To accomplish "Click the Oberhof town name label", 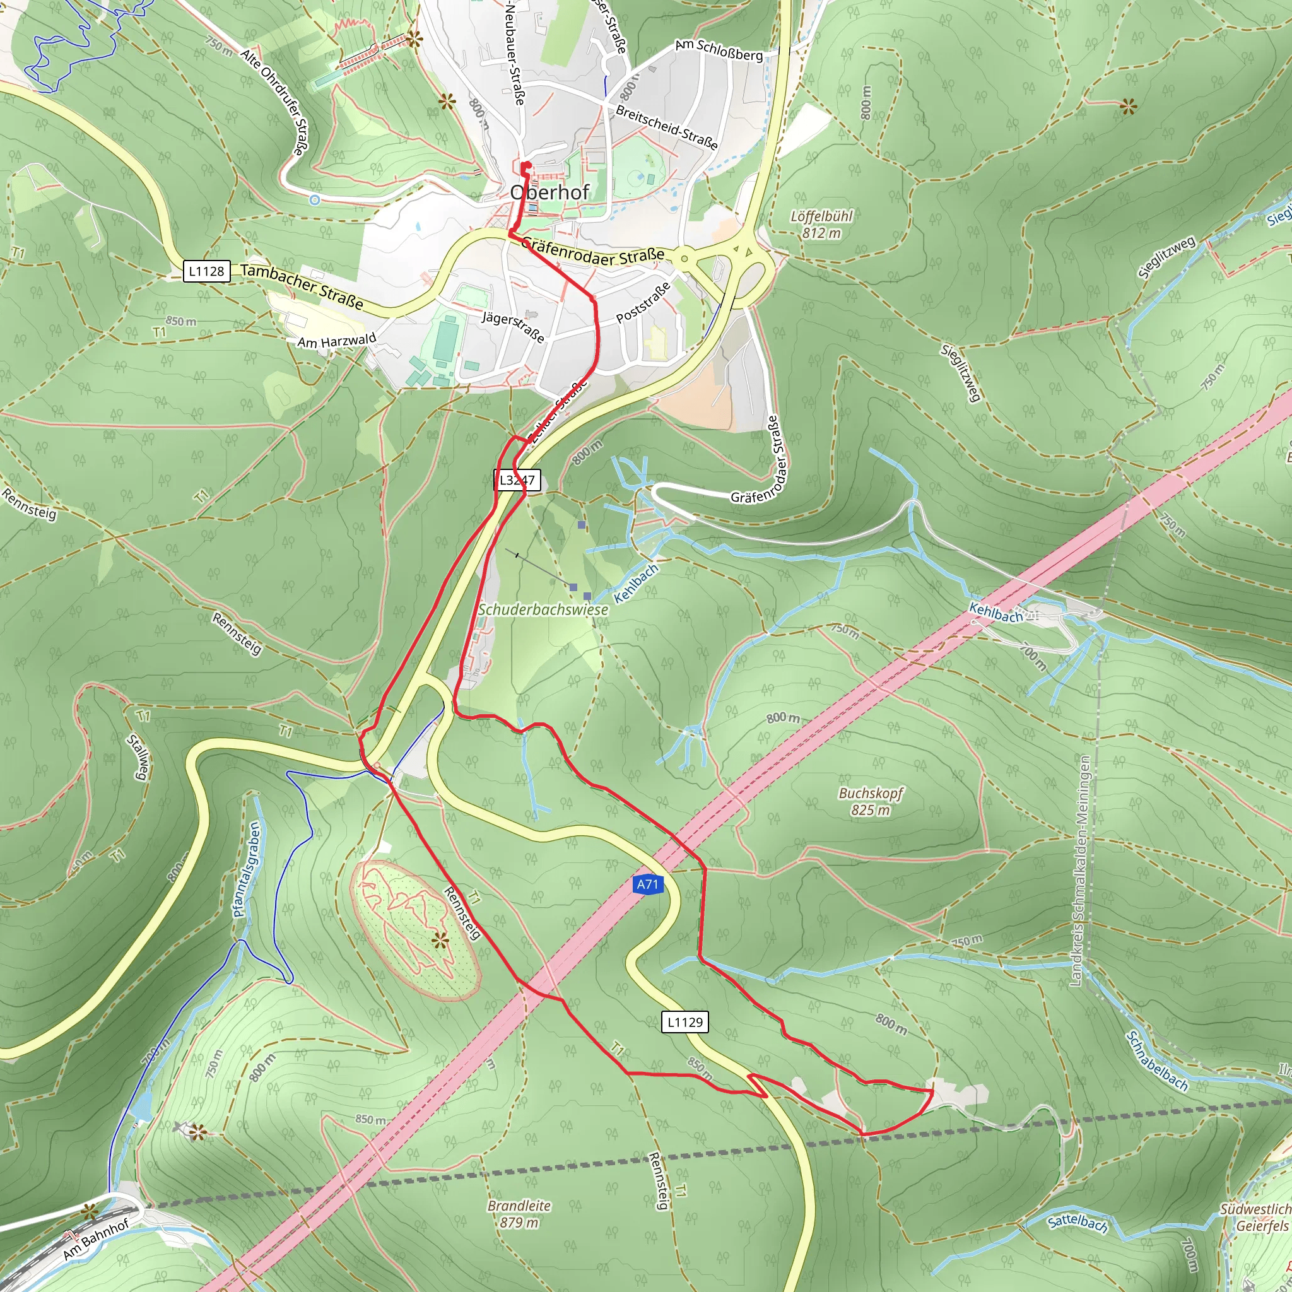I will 549,192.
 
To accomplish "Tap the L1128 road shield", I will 207,271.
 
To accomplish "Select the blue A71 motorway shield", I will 647,884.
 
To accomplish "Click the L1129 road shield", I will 684,1022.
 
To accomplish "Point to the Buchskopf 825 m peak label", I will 870,801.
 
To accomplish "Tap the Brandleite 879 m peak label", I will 519,1214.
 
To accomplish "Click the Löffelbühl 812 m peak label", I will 821,224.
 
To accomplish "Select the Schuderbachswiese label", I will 543,609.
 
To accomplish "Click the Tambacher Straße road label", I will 302,286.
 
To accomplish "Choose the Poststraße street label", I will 643,302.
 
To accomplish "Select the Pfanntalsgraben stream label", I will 246,869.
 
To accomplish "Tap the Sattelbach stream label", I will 1078,1223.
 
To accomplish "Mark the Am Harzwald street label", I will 336,341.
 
